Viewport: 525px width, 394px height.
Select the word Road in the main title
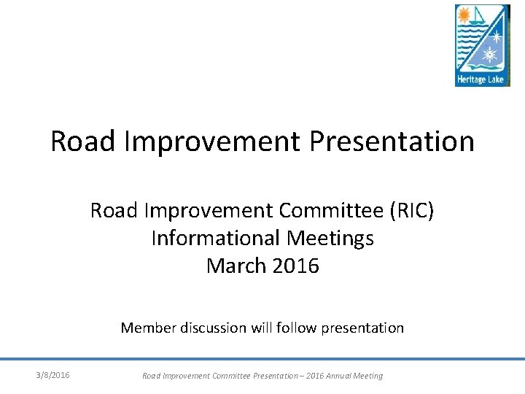(83, 141)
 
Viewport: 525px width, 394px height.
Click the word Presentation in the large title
(392, 141)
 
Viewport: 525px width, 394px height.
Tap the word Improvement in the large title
(212, 141)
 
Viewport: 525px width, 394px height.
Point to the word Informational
(215, 238)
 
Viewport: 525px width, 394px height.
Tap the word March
(236, 265)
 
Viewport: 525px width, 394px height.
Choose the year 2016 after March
(295, 265)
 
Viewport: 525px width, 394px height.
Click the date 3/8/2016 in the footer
(53, 375)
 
